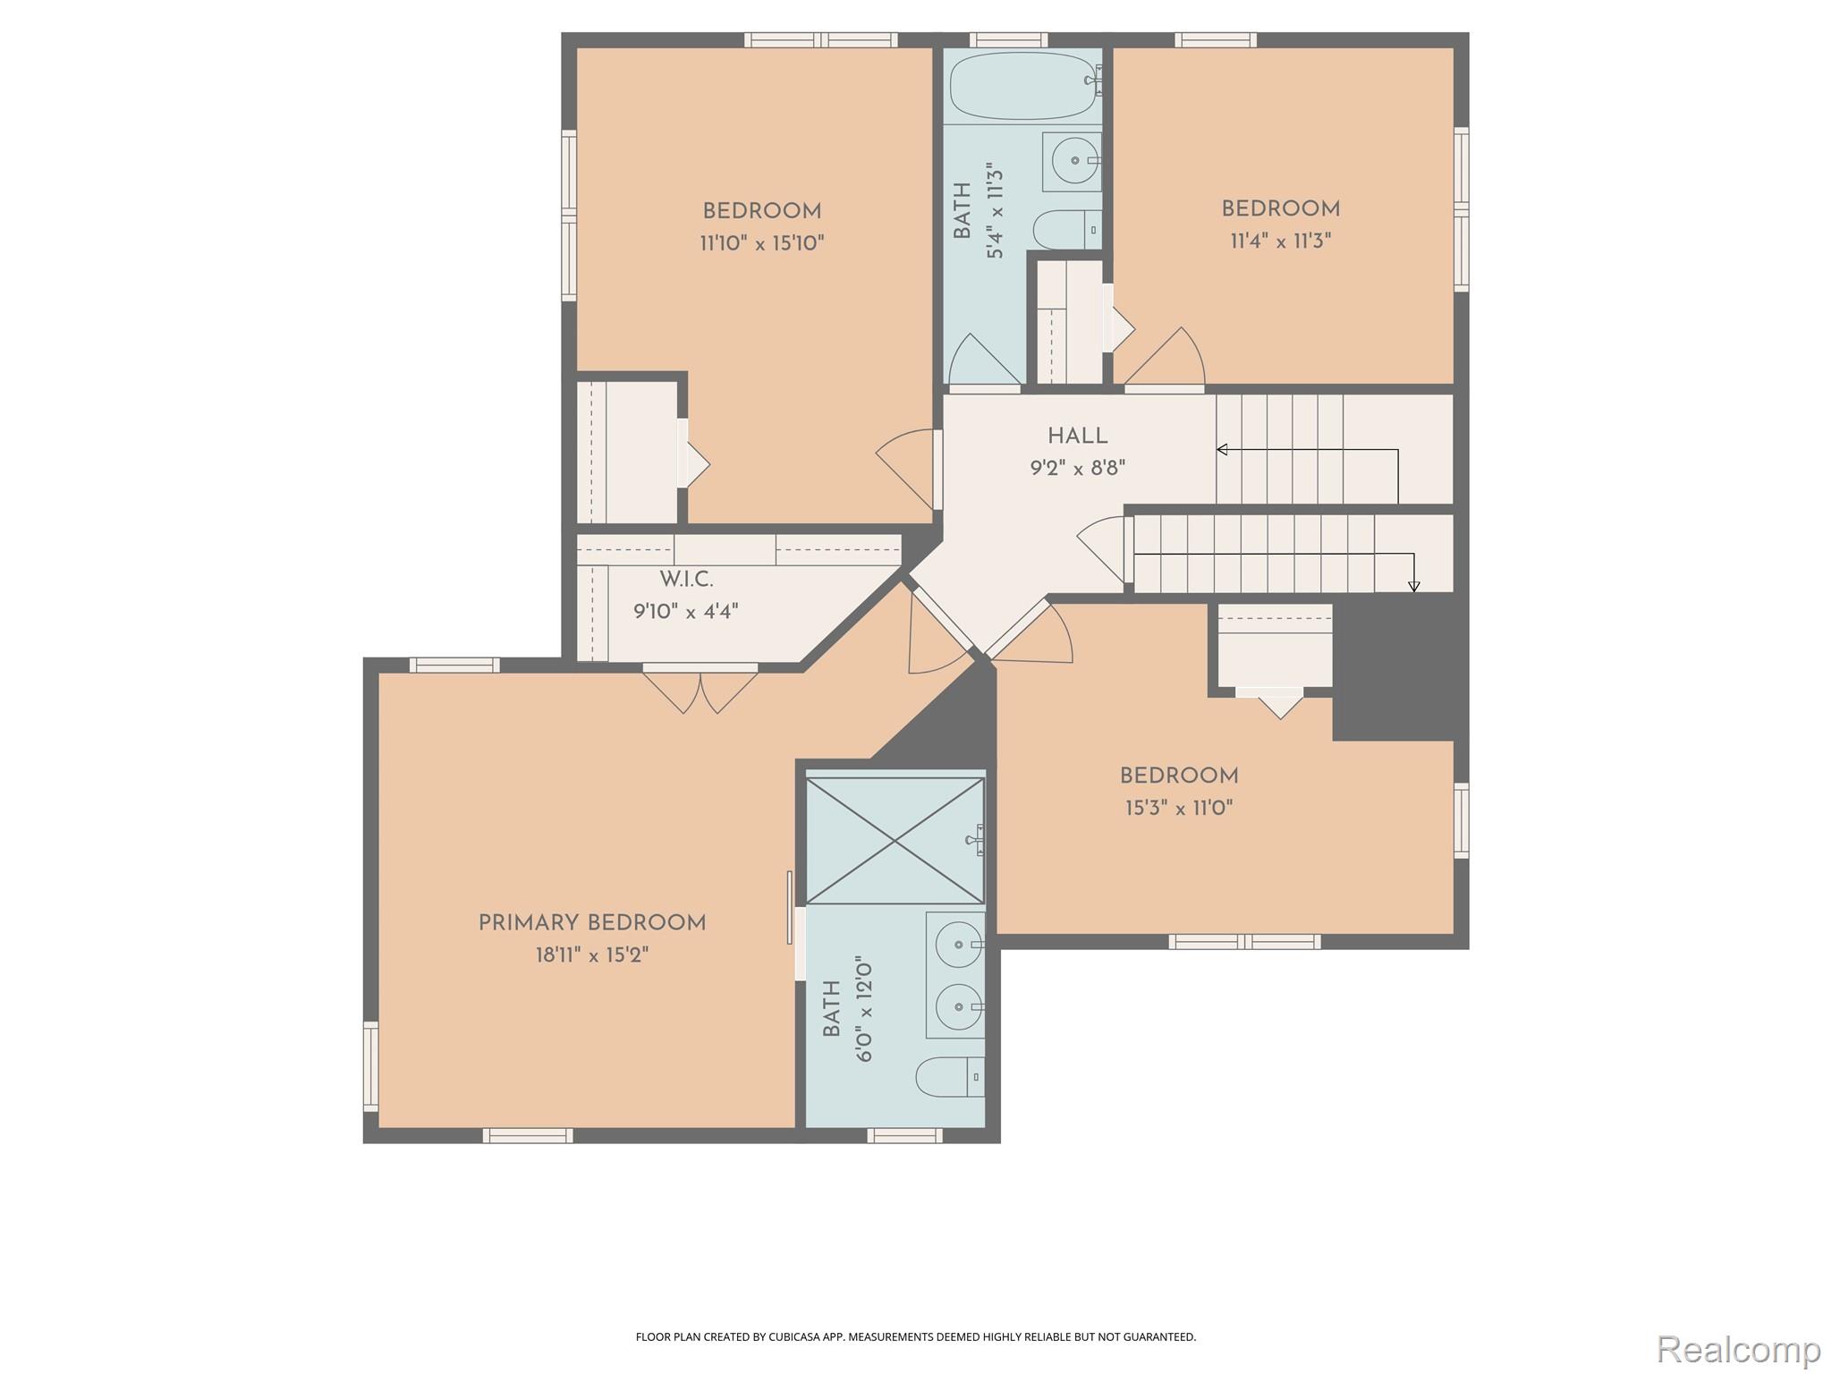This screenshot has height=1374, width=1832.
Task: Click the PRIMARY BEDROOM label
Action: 592,923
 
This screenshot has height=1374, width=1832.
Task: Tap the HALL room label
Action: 1078,437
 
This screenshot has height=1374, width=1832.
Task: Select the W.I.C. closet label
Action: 687,580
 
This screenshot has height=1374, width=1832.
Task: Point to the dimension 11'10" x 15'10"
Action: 762,243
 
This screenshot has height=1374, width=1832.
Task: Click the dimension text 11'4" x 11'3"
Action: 1281,241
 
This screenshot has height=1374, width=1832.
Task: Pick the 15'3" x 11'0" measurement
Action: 1179,809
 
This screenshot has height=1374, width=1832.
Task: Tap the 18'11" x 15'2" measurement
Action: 592,955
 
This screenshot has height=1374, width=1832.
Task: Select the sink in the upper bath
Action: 1072,162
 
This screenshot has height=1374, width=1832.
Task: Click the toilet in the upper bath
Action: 1067,230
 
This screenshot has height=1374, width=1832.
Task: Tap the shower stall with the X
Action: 895,841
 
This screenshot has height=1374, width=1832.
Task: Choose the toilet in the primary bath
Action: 950,1076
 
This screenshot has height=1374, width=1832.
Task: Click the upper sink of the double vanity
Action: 955,944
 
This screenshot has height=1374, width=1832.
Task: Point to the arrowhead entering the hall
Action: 1222,449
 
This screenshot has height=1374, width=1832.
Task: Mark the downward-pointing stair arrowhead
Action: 1414,587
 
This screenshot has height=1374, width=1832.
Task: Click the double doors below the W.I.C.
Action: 700,690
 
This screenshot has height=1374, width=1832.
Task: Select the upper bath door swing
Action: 985,361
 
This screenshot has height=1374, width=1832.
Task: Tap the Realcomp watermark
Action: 1739,1348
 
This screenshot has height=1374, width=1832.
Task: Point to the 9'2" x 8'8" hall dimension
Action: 1078,468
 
